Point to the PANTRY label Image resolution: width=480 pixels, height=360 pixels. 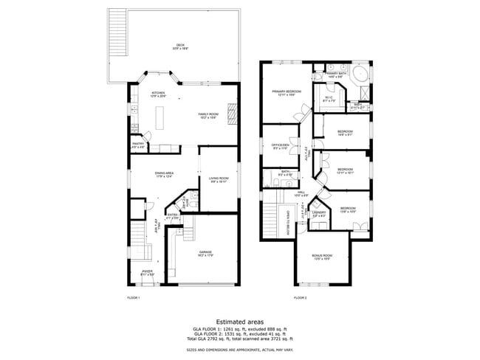[x=137, y=145]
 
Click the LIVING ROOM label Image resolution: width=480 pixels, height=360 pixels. [x=218, y=179]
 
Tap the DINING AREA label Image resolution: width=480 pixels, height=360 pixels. [x=164, y=174]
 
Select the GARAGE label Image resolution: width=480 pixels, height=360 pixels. [x=205, y=253]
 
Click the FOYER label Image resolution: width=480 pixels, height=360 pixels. [x=148, y=273]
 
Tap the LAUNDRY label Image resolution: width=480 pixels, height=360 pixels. [x=319, y=214]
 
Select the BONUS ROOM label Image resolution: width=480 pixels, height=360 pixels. [x=321, y=257]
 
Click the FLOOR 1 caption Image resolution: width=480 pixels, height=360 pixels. [x=134, y=297]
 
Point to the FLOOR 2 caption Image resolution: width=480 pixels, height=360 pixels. [x=300, y=297]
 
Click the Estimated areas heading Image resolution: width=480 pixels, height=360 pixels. [x=239, y=322]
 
